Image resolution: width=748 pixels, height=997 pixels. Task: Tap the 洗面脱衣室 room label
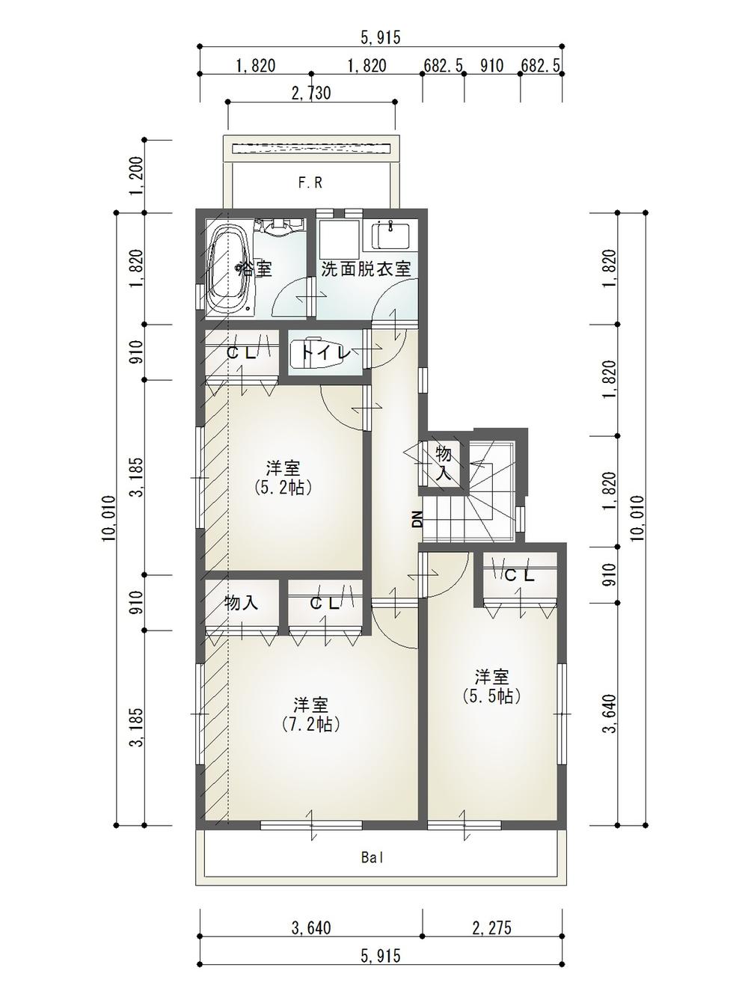tap(366, 269)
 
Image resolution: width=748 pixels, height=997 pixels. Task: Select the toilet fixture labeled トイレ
tap(322, 352)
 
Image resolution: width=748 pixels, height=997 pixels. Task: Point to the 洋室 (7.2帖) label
tap(310, 714)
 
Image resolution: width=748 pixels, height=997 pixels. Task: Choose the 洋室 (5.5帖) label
tap(492, 686)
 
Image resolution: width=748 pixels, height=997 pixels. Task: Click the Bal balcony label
tap(372, 858)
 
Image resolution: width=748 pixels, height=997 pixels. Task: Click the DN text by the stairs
tap(417, 519)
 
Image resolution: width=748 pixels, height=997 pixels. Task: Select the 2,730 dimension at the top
tap(310, 93)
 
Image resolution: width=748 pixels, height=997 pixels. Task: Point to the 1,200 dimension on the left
tap(137, 177)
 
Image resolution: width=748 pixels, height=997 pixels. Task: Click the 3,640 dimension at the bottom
tap(310, 928)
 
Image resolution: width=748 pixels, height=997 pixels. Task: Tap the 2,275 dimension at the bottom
tap(491, 928)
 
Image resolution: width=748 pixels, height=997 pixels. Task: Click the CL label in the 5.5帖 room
tap(519, 576)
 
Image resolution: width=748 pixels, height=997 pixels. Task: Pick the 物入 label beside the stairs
tap(444, 464)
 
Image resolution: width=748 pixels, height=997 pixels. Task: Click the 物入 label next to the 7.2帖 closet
tap(241, 603)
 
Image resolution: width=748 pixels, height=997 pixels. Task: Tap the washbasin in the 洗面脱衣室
tap(390, 237)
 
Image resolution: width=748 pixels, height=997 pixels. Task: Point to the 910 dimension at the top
tap(491, 66)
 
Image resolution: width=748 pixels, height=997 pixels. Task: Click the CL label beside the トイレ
tap(241, 353)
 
